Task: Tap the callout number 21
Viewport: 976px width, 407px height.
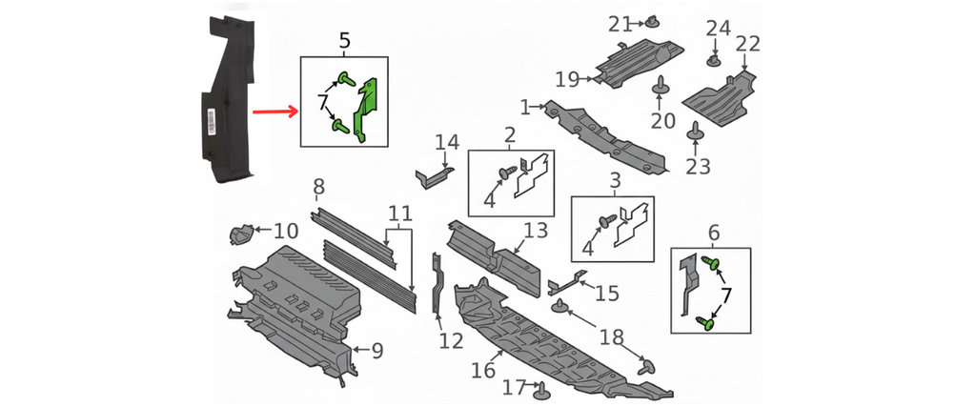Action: click(x=620, y=23)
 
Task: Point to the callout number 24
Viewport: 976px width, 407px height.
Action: click(x=717, y=30)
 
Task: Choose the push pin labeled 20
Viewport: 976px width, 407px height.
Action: click(x=660, y=90)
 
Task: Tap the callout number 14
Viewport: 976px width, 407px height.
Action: click(x=447, y=144)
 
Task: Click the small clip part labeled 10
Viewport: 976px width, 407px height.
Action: click(x=241, y=232)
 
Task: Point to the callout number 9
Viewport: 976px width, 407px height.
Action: click(x=377, y=351)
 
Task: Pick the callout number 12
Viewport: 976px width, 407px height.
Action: click(x=451, y=340)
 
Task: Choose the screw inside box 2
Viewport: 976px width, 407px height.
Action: click(x=508, y=173)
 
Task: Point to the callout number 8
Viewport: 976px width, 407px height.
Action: click(x=318, y=186)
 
